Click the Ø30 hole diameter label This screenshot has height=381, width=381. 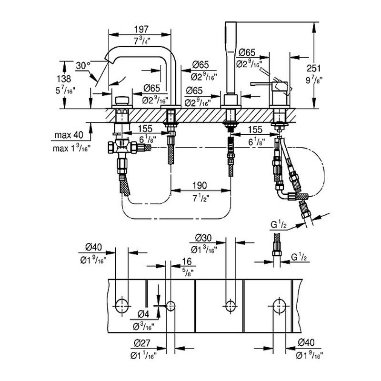pyautogui.click(x=203, y=237)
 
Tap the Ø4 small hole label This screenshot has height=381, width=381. pyautogui.click(x=144, y=314)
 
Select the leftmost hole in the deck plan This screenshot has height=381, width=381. pyautogui.click(x=122, y=305)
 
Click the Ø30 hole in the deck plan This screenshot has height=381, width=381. pyautogui.click(x=231, y=305)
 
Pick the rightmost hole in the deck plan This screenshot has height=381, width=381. pyautogui.click(x=279, y=305)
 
